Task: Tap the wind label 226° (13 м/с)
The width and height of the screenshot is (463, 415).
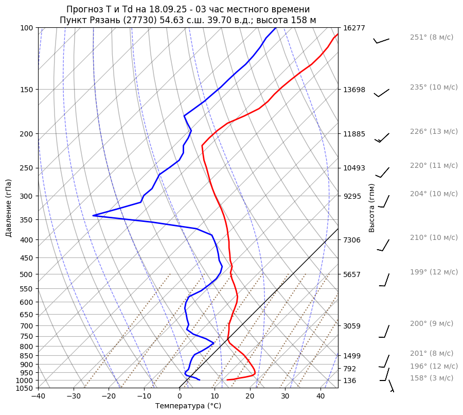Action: (434, 131)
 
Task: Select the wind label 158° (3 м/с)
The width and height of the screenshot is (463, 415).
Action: (432, 378)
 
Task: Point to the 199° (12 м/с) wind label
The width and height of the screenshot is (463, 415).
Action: (434, 272)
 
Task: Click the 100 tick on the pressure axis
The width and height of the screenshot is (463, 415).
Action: (27, 28)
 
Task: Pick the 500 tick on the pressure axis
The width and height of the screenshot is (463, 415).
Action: (27, 274)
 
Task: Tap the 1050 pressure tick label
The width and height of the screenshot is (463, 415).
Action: (25, 388)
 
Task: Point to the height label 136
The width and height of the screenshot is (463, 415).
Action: (349, 381)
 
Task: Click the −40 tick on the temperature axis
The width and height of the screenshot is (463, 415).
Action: (38, 396)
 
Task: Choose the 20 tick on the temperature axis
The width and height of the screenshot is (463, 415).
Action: (250, 396)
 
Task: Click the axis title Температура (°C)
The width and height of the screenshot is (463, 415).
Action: (188, 406)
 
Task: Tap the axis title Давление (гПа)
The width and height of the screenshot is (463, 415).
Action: (9, 208)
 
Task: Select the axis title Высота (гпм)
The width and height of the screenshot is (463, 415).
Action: (372, 208)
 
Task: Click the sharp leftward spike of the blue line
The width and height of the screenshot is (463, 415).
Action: (94, 215)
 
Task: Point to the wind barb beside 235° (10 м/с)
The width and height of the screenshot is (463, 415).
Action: (382, 93)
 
